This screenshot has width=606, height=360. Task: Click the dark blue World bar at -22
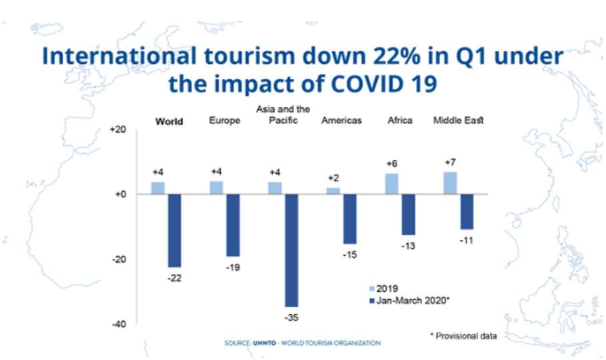[x=174, y=230]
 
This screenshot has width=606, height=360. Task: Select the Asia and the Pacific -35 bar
[x=291, y=250]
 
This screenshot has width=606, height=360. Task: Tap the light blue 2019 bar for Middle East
[x=450, y=183]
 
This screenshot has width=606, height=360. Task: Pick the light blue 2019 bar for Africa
[x=392, y=184]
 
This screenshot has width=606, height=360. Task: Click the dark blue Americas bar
[x=350, y=219]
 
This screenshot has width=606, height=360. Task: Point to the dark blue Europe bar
[x=233, y=225]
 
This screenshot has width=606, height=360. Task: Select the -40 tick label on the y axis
[x=118, y=324]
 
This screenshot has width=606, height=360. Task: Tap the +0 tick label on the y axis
[x=119, y=195]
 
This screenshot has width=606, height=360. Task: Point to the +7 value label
[x=450, y=163]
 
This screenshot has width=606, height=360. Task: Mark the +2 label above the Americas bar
[x=333, y=178]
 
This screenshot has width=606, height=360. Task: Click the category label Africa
[x=399, y=121]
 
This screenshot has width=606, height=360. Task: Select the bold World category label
[x=169, y=122]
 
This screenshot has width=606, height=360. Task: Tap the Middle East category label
[x=458, y=121]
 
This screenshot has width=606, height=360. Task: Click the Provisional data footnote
[x=465, y=335]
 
